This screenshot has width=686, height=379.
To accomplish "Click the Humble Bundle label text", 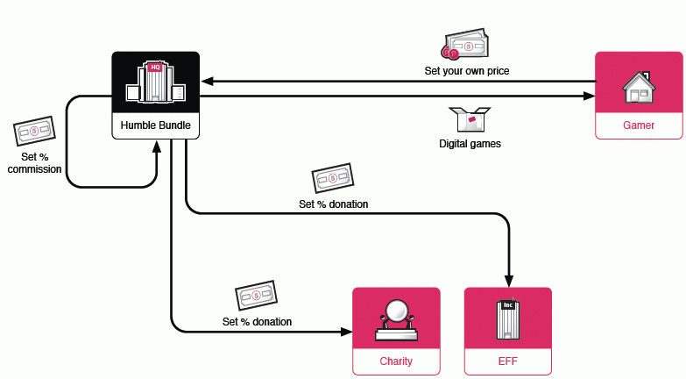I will click(156, 125).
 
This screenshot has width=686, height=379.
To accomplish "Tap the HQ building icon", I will click(156, 82).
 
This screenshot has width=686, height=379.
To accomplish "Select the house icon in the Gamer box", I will click(639, 85).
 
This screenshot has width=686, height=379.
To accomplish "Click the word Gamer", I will click(639, 125).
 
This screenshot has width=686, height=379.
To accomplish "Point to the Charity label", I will click(396, 361).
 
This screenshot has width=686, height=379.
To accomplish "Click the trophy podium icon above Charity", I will click(396, 319).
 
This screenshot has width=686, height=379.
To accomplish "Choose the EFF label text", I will click(508, 361).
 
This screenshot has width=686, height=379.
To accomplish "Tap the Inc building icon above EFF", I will click(508, 319).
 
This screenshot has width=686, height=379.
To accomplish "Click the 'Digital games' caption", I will click(470, 143).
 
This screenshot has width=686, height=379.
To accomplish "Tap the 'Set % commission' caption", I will click(34, 163).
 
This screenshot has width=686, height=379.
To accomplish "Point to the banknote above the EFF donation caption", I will click(333, 178).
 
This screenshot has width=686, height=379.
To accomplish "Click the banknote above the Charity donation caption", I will click(256, 296).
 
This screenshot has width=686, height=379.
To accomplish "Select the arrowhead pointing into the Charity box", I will click(346, 331).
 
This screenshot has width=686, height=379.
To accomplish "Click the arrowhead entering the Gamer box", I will click(589, 96).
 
